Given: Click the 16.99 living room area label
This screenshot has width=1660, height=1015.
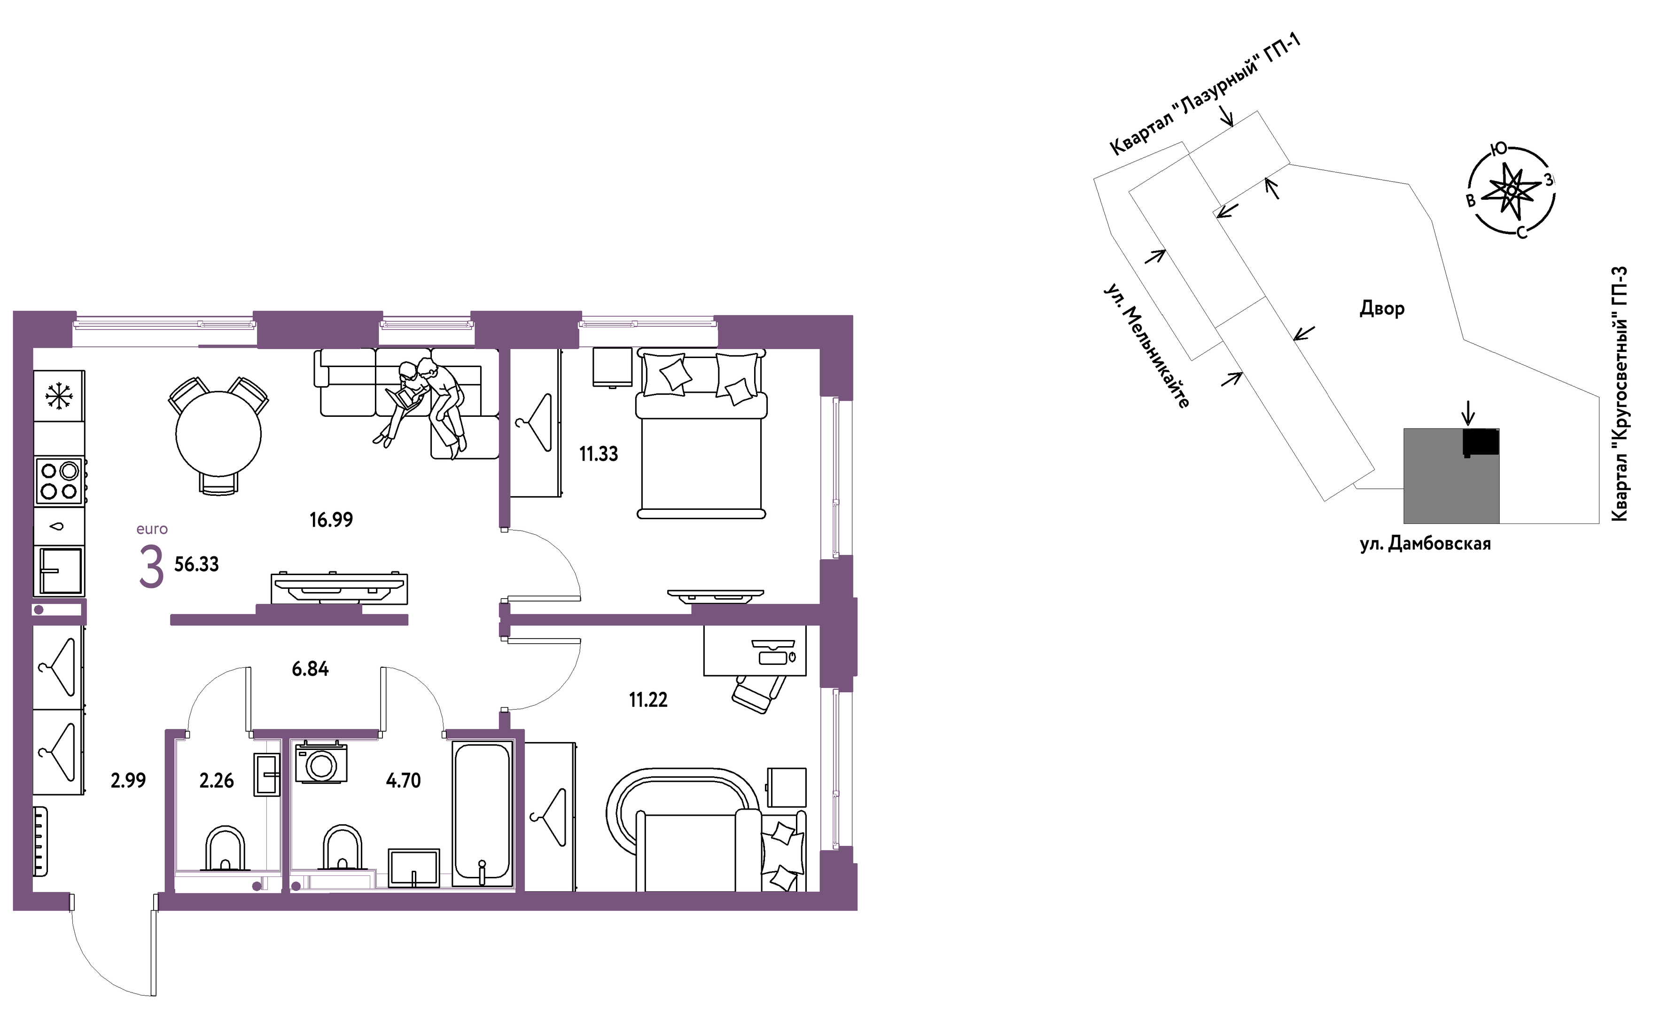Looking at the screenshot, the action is pos(331,520).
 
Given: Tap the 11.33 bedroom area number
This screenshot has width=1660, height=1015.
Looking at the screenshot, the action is pos(598,454).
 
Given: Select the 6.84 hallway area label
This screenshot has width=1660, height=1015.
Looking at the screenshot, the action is pos(310,669).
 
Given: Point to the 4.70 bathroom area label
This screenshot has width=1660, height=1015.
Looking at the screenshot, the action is pos(403,781).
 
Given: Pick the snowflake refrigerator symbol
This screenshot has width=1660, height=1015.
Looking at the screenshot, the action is pos(59,396).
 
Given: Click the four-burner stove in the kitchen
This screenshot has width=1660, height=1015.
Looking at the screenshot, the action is pos(59,481).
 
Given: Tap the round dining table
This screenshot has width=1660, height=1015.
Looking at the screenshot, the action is pos(218,435).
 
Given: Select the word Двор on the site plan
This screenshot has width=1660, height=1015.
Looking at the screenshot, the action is pos(1382,309).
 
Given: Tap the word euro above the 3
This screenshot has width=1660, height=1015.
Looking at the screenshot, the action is pos(152,529).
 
